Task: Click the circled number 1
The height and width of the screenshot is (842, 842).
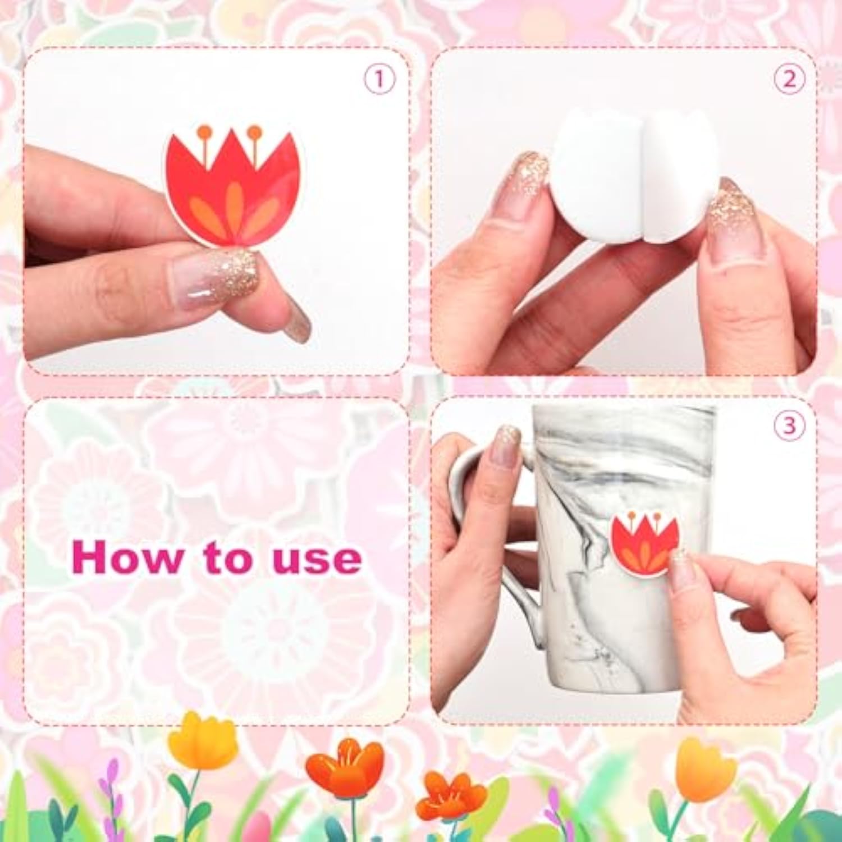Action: [x=379, y=79]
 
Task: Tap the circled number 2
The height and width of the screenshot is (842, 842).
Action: [x=789, y=79]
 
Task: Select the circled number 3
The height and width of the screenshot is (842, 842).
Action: [x=789, y=425]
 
